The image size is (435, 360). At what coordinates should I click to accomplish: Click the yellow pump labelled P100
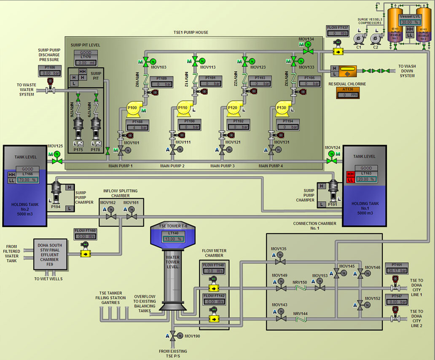132,108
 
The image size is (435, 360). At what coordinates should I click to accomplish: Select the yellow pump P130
281,108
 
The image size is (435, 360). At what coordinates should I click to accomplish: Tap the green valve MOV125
54,161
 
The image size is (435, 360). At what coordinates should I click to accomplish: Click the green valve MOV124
332,161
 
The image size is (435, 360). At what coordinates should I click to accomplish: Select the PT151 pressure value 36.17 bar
397,271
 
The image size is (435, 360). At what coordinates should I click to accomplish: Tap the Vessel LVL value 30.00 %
410,22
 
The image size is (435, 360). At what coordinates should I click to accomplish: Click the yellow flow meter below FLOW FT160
85,254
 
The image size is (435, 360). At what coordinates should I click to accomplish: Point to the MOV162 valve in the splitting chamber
110,216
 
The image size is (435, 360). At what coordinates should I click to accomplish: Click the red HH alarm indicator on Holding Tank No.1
349,174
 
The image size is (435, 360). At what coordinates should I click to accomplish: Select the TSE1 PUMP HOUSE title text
191,33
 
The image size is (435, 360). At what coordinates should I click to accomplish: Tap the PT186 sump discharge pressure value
50,73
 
